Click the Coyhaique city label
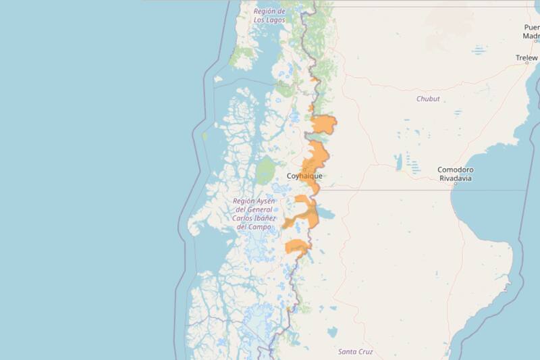coord(304,176)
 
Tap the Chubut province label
coord(428,99)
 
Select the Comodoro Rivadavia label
coord(455,174)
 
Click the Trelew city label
coord(526,58)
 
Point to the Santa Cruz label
coord(355,352)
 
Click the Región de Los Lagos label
coord(269,16)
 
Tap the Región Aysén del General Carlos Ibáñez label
coord(254,213)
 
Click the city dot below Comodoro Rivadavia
coord(455,183)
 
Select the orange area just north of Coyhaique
coord(315,157)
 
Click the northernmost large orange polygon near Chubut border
coord(323,125)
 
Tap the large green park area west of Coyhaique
coord(266,170)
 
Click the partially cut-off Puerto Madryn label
coord(532,32)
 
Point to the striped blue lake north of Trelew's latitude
coord(479,50)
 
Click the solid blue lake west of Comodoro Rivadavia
coord(398,162)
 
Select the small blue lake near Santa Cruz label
coord(332,332)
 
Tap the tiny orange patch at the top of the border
coord(315,80)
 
